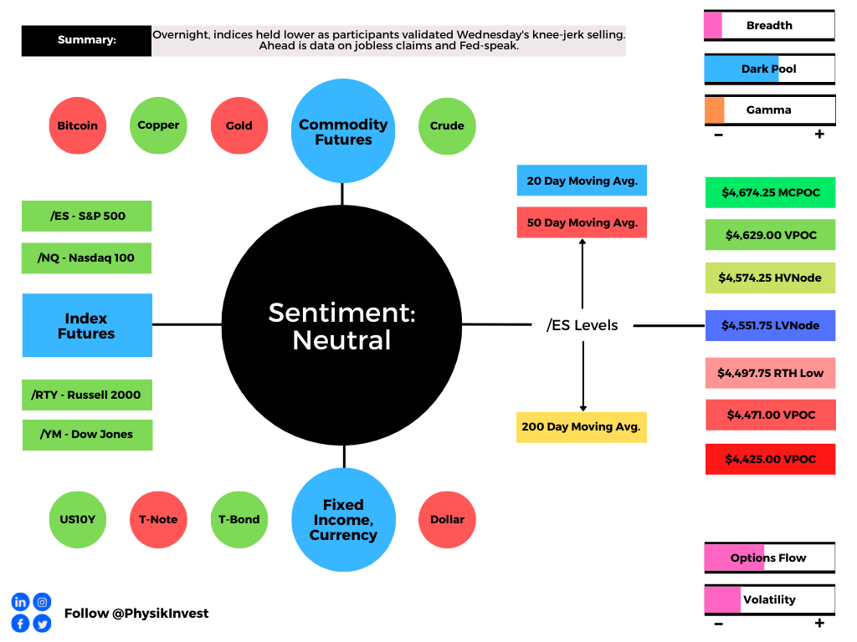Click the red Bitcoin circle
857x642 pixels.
(78, 125)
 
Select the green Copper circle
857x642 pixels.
(158, 125)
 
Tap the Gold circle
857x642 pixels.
(239, 125)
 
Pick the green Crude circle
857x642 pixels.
(447, 126)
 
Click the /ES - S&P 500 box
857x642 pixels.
(87, 217)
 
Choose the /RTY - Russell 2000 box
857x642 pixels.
(87, 395)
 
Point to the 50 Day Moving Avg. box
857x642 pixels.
(582, 222)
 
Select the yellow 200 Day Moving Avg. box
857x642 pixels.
(582, 427)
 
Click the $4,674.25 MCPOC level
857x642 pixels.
(771, 192)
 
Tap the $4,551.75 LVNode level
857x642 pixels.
(771, 325)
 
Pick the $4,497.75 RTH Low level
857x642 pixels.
(771, 373)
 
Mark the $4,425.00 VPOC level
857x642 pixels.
(771, 459)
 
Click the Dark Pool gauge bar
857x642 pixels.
(770, 69)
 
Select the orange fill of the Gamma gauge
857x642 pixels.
(715, 110)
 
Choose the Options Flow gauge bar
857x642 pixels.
(770, 558)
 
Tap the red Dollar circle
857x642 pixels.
(447, 520)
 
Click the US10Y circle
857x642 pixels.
(78, 520)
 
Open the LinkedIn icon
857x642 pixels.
(20, 602)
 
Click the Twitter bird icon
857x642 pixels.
(42, 624)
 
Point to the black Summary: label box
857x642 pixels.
(86, 40)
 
